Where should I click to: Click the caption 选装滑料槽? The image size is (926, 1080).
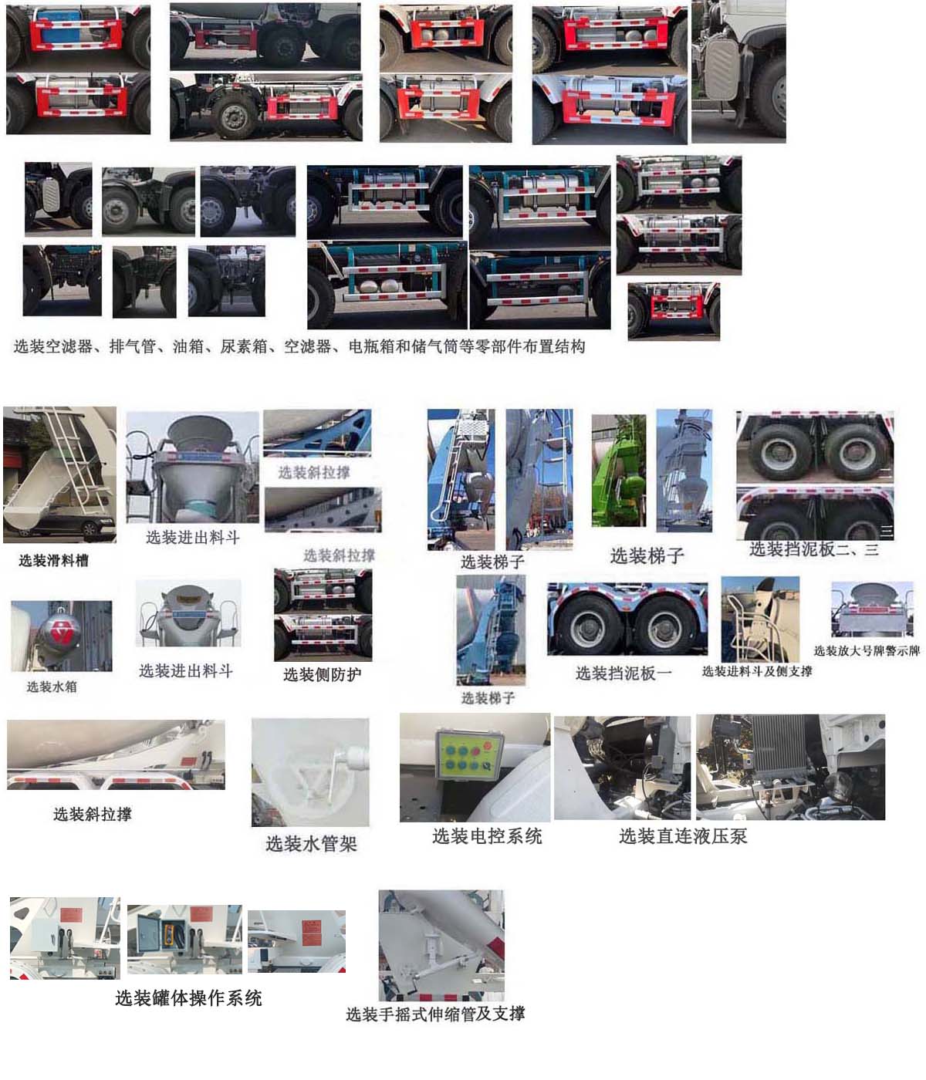click(53, 561)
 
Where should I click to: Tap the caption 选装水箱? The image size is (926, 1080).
click(52, 687)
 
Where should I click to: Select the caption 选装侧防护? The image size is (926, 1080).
click(322, 675)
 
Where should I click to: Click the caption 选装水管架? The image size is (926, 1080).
click(311, 844)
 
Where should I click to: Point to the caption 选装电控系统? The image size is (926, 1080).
click(487, 836)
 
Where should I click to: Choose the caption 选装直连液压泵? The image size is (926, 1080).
click(683, 836)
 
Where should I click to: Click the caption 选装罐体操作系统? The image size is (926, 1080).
click(188, 998)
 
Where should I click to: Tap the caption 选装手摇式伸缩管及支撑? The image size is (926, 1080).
click(435, 1014)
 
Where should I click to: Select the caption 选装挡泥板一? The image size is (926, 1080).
click(624, 673)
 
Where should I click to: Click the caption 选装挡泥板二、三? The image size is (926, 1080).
click(814, 549)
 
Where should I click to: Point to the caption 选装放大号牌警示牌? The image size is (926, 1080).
click(867, 650)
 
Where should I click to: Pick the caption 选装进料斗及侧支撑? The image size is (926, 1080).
click(757, 671)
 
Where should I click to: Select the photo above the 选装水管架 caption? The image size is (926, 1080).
click(310, 772)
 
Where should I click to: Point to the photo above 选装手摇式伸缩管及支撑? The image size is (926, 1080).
click(441, 945)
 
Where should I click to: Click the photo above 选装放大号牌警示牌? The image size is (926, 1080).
click(872, 609)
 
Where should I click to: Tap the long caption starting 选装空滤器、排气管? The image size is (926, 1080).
click(299, 347)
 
